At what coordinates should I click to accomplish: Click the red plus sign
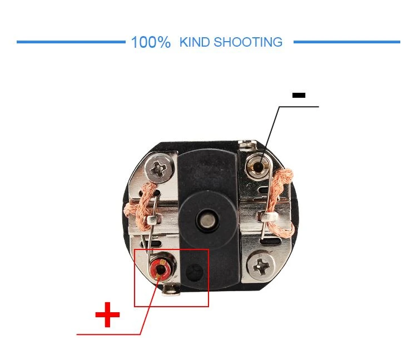107,314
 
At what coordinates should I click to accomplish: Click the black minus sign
299,95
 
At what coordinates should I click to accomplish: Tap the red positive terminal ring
160,269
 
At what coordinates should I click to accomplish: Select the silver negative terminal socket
257,167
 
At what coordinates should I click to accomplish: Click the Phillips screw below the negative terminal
261,266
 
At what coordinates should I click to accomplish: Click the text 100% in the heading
151,42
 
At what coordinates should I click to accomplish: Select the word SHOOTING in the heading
248,42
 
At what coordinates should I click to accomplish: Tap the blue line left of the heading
71,42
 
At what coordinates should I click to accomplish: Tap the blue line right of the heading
347,42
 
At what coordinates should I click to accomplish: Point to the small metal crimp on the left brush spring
152,219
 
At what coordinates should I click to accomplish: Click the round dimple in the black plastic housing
194,272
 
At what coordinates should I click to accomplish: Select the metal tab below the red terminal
171,290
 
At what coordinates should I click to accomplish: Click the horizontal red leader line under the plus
108,334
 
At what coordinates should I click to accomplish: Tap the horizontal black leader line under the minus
299,107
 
